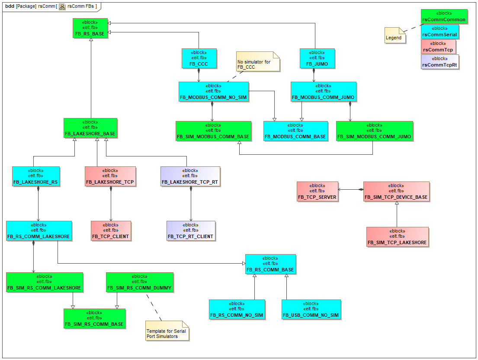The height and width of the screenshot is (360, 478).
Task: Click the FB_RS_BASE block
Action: (x=90, y=28)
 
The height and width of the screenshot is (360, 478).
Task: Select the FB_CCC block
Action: (x=199, y=58)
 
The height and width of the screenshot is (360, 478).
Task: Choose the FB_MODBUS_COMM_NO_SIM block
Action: (x=214, y=92)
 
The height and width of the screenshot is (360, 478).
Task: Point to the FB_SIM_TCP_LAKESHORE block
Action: (x=397, y=237)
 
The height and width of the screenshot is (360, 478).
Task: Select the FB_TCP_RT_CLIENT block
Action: (x=191, y=231)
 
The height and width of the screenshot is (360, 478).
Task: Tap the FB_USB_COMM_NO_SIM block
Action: (x=311, y=310)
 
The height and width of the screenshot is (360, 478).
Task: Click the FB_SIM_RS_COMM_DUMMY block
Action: (x=139, y=282)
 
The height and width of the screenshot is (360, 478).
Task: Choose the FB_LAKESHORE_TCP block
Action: (x=111, y=177)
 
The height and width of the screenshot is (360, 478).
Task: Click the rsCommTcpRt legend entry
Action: (x=440, y=62)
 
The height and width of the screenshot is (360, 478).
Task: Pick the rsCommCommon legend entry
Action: (x=444, y=16)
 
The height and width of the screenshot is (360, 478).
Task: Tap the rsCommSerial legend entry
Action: (x=440, y=32)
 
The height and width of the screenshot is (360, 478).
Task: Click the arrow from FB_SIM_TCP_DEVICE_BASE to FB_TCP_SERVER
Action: (x=351, y=189)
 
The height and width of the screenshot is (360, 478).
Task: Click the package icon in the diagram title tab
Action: (x=62, y=6)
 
